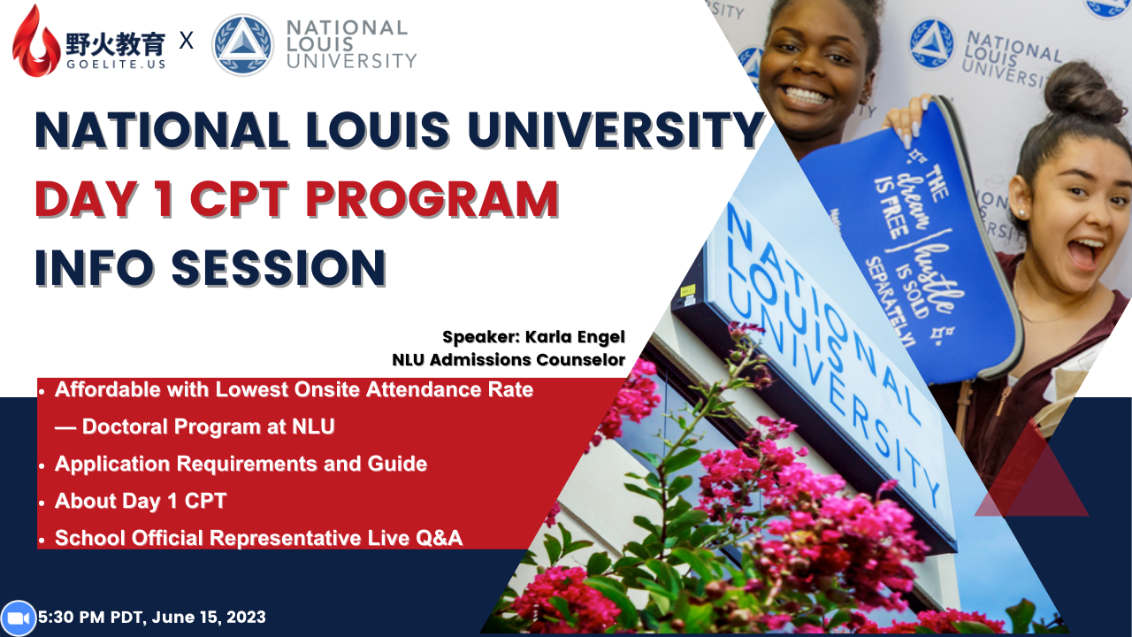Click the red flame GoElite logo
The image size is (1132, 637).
[x=36, y=41]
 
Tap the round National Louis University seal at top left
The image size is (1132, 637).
[x=242, y=44]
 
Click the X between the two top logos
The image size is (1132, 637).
[x=187, y=40]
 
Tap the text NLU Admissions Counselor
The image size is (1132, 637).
[x=509, y=360]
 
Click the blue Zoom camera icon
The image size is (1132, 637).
[x=18, y=618]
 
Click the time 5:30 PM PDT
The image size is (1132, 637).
[x=93, y=618]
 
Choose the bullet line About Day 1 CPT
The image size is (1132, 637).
[x=141, y=501]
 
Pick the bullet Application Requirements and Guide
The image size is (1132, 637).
[x=241, y=464]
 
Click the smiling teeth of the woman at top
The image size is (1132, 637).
[x=806, y=94]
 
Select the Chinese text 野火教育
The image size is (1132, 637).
[x=115, y=41]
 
